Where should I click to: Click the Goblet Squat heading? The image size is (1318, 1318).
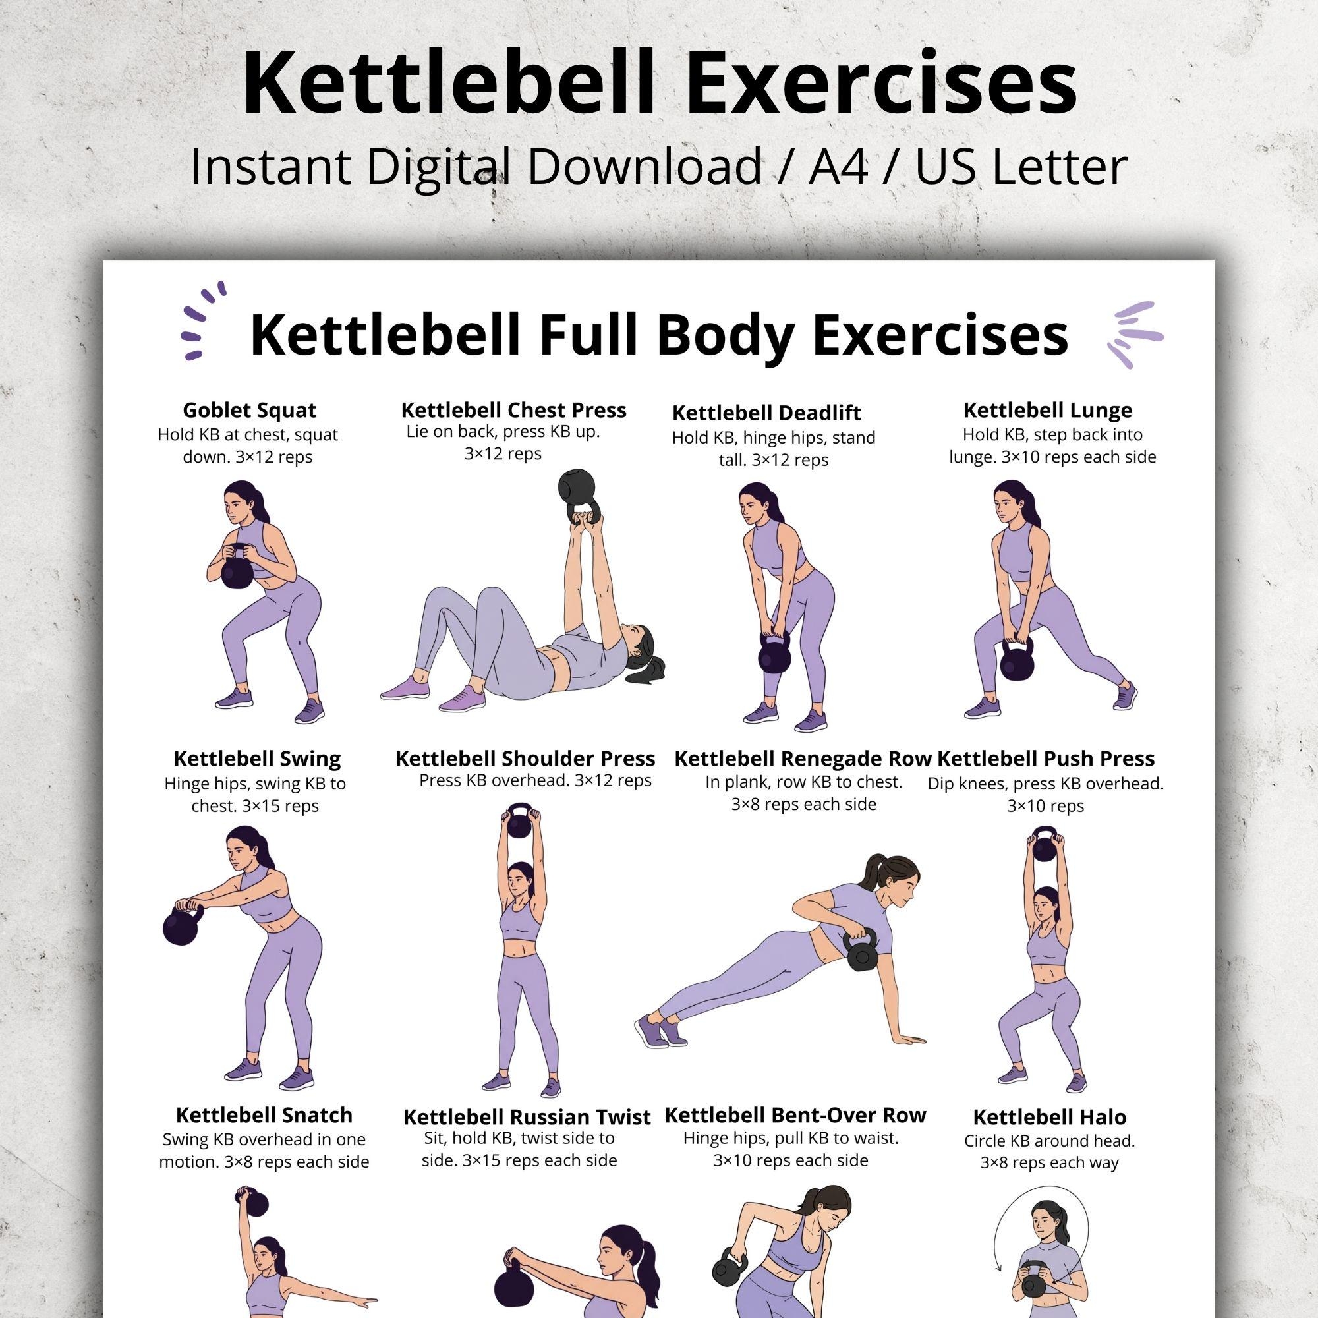point(249,411)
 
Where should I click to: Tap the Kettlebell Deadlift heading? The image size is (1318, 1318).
point(766,413)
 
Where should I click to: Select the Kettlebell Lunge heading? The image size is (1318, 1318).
point(1047,411)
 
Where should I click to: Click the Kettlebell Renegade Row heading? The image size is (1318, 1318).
point(802,759)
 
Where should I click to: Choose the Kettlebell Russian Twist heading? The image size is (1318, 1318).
point(527,1118)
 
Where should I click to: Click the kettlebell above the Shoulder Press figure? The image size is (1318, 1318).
point(520,823)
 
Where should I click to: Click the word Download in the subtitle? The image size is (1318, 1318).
point(643,167)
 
